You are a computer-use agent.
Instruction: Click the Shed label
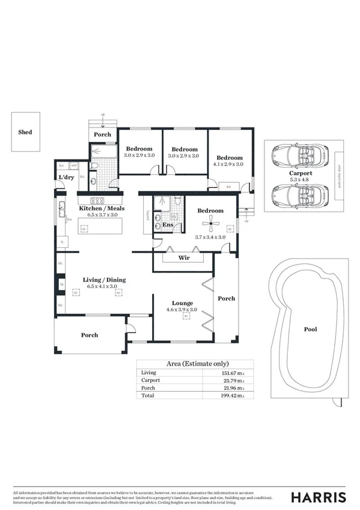pos(25,132)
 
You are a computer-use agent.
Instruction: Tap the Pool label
pos(310,329)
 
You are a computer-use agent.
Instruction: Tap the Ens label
pos(169,226)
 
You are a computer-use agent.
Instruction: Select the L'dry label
pos(66,177)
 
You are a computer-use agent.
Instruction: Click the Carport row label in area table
pos(150,381)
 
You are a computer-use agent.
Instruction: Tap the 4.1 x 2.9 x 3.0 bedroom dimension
pos(228,164)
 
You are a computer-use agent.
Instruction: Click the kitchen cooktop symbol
pos(97,200)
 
